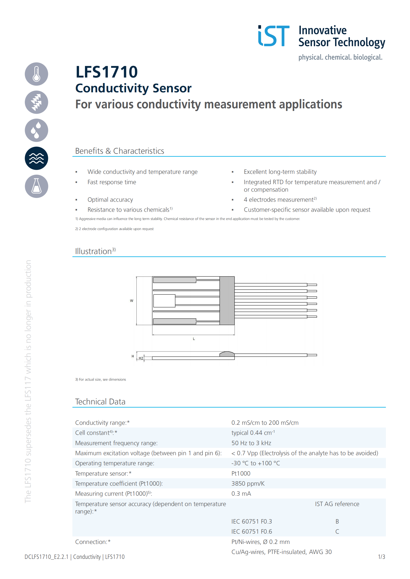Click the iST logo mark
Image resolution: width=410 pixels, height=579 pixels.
click(x=274, y=36)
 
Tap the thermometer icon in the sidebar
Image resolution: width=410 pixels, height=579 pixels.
click(x=36, y=74)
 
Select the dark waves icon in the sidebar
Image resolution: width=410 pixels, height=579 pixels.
click(x=36, y=158)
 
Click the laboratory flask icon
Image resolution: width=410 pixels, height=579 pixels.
click(x=36, y=186)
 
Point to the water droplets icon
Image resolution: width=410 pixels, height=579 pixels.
click(x=36, y=130)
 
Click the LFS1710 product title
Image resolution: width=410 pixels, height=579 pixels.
click(x=106, y=72)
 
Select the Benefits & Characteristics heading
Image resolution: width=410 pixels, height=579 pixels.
click(x=119, y=151)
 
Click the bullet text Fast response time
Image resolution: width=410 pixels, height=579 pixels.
click(x=112, y=182)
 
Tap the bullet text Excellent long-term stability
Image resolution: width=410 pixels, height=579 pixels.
click(x=280, y=172)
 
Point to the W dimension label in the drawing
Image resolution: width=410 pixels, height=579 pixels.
click(x=131, y=301)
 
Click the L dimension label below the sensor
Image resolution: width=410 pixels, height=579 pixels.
click(x=194, y=339)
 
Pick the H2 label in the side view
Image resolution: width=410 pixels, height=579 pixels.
click(x=141, y=358)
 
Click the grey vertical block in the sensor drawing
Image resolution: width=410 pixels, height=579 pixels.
click(x=227, y=300)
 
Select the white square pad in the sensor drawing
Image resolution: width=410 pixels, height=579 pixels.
click(x=164, y=301)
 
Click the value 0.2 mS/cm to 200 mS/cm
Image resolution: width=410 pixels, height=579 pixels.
click(x=265, y=423)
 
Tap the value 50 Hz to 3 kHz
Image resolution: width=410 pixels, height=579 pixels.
click(x=251, y=443)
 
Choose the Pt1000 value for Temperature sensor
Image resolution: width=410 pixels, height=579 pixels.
click(x=241, y=474)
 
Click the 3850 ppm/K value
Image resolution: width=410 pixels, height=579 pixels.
click(x=248, y=484)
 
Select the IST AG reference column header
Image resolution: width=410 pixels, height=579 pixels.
click(x=337, y=504)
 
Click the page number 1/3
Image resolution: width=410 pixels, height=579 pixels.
click(x=381, y=557)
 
